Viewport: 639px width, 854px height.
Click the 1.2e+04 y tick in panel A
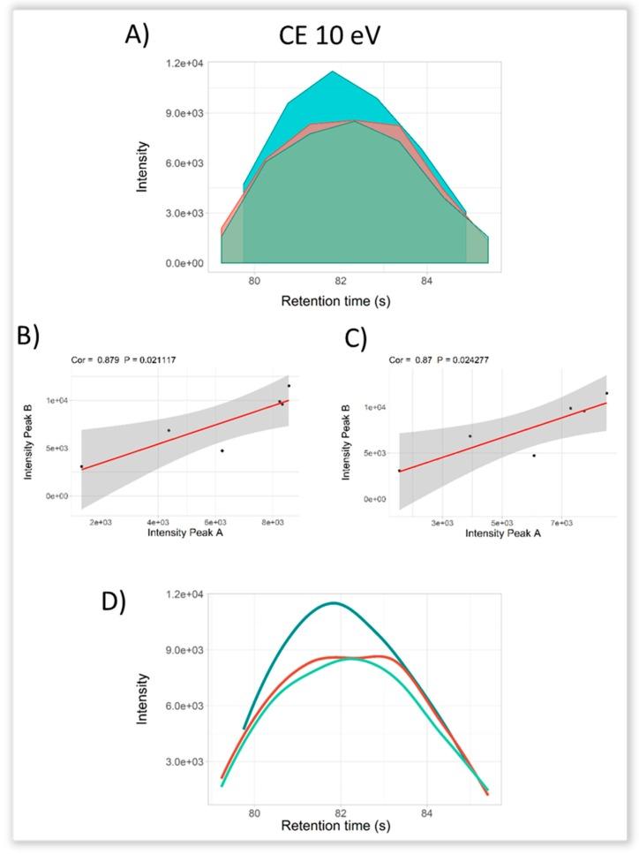(x=186, y=64)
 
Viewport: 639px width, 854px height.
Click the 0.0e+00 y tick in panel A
(x=186, y=263)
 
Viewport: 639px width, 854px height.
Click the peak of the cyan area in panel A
(x=333, y=72)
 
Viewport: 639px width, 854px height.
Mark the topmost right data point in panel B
(x=289, y=386)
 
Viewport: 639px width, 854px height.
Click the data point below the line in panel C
(x=534, y=456)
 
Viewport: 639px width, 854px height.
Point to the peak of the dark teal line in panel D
(x=334, y=603)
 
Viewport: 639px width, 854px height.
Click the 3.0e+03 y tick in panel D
(x=186, y=762)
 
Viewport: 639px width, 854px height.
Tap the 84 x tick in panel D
(x=427, y=812)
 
